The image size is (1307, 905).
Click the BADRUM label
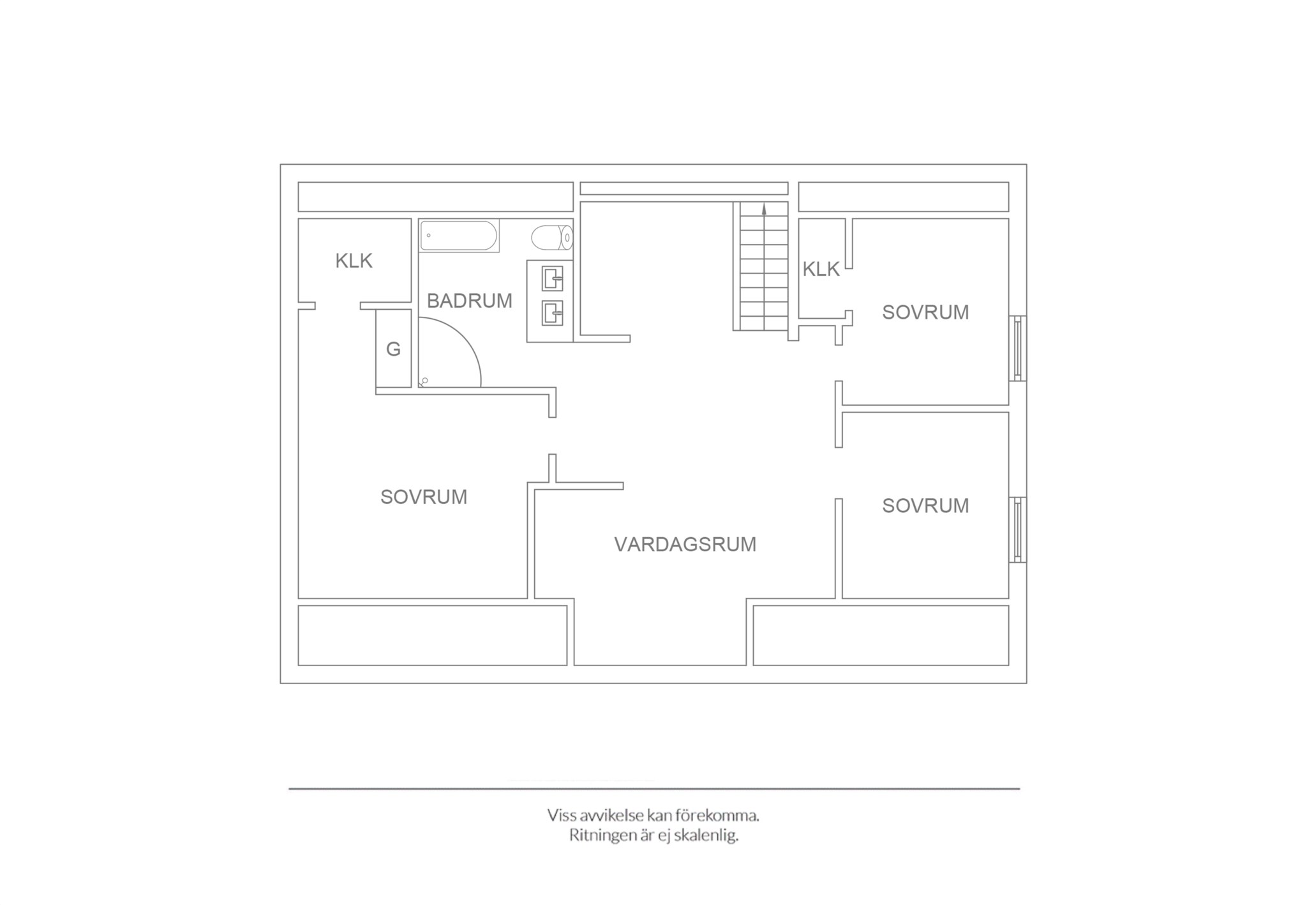tap(469, 301)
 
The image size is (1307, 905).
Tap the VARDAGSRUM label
tap(685, 544)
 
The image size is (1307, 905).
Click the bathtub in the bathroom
tap(459, 236)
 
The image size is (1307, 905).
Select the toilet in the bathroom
tap(552, 238)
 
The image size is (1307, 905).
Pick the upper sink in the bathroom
tap(552, 278)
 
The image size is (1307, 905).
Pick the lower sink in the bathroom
tap(552, 314)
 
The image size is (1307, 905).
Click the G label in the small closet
tap(393, 349)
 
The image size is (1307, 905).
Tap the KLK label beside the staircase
tap(821, 270)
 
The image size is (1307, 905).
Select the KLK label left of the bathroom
tap(354, 261)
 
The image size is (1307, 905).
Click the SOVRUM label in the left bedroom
tap(424, 497)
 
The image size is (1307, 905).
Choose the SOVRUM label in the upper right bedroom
tap(925, 312)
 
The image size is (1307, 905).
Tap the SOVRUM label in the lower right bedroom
tap(925, 506)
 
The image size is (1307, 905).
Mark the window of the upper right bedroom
tap(1018, 348)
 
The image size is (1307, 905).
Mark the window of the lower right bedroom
tap(1018, 529)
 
